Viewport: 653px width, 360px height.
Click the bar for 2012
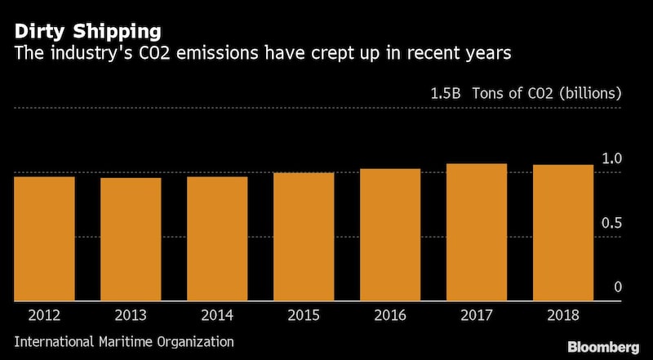(x=45, y=238)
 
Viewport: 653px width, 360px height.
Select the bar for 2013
(x=131, y=239)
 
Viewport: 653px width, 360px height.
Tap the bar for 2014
(x=217, y=238)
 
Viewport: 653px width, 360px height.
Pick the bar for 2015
(x=304, y=237)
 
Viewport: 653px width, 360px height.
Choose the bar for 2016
(x=390, y=234)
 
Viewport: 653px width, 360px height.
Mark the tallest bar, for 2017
(x=477, y=232)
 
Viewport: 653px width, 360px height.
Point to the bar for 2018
(x=563, y=233)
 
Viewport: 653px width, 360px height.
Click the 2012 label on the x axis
(x=45, y=315)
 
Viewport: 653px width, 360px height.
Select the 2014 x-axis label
(x=217, y=315)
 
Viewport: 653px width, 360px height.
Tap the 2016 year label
(x=390, y=315)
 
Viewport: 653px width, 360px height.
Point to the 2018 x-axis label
(x=563, y=315)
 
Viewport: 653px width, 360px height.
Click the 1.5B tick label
(x=446, y=93)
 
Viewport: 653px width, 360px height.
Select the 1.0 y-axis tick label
(x=612, y=158)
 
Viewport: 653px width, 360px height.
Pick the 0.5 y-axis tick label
(x=612, y=223)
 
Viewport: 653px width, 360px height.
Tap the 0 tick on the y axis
(x=618, y=287)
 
